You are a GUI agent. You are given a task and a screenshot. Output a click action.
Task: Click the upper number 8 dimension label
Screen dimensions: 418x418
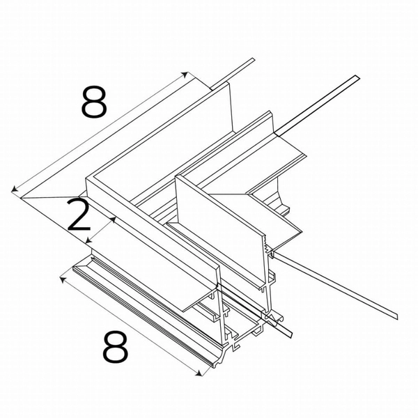(93, 102)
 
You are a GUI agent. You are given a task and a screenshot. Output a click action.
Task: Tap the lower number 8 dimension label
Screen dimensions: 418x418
(116, 347)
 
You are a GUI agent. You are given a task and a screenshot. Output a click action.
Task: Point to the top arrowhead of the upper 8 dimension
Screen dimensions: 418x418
(185, 73)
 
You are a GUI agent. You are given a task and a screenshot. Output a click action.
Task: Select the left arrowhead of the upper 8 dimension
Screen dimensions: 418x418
(13, 189)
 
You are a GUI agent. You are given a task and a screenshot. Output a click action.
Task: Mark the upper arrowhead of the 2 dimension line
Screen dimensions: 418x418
(114, 219)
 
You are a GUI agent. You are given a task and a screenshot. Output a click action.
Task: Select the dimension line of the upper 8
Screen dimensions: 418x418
(98, 132)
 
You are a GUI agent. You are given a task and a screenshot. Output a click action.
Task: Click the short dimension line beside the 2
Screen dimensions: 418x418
(100, 229)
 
